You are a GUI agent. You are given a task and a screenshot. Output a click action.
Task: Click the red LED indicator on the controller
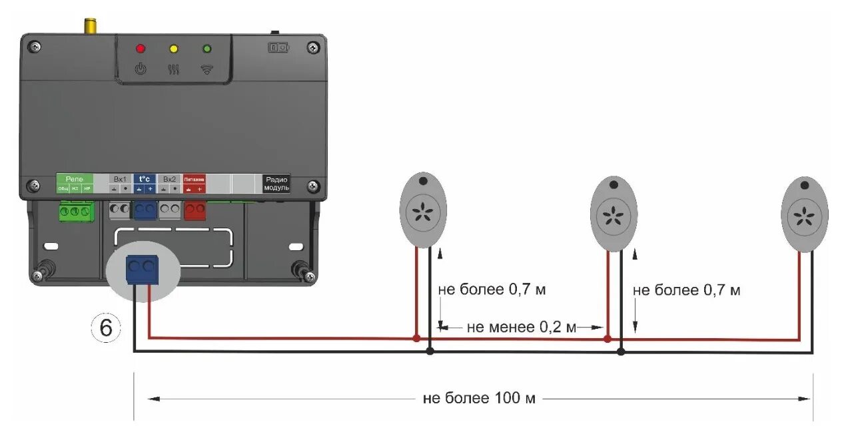[141, 49]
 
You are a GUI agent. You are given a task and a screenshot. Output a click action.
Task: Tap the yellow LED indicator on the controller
[173, 49]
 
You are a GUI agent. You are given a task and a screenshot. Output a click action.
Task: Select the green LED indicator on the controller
[207, 49]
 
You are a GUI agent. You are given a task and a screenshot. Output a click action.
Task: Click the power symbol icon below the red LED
[141, 69]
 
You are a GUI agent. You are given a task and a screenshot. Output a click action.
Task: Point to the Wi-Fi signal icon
[207, 69]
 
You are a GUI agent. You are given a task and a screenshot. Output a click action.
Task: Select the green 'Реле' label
[74, 179]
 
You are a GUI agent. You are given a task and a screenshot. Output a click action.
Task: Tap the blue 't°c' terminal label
[145, 179]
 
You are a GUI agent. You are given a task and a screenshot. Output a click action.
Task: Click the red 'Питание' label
[194, 179]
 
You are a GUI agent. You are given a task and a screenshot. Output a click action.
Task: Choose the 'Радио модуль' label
[276, 184]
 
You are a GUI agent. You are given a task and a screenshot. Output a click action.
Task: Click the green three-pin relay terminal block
[76, 212]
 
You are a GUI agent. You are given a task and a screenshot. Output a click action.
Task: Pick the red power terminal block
[194, 210]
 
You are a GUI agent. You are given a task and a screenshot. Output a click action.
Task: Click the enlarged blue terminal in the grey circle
[143, 270]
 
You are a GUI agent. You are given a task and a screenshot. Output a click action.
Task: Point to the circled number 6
[106, 327]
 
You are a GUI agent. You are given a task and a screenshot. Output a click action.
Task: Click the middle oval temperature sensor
[614, 213]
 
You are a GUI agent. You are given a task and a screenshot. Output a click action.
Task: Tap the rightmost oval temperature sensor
[805, 213]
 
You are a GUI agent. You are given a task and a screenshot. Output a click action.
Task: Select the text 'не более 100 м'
[479, 399]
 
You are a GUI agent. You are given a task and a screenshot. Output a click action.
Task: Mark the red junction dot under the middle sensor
[607, 339]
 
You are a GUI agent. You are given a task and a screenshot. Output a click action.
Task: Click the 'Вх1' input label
[120, 179]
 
